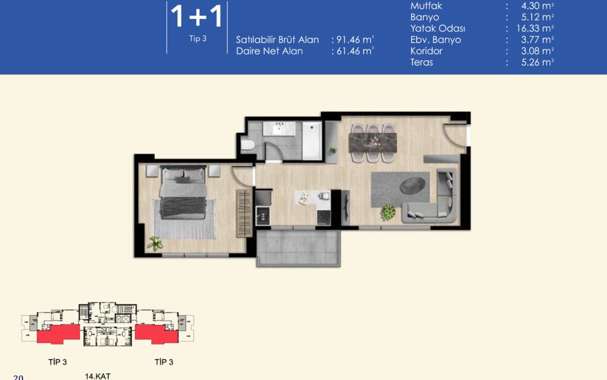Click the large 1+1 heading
tap(196, 16)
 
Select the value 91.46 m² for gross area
tap(355, 40)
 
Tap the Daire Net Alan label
tap(270, 51)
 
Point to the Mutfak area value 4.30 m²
tap(537, 6)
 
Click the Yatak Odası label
tap(438, 28)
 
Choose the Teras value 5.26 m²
tap(537, 62)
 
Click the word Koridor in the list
tap(426, 51)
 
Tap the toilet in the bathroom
tap(247, 145)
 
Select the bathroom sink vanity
tap(279, 128)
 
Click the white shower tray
tap(312, 141)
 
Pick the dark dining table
tap(373, 143)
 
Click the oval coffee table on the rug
tap(413, 185)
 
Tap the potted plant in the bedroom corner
tap(155, 243)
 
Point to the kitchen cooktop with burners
tap(324, 217)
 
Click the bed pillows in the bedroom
tap(183, 175)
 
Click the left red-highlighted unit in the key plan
tap(59, 334)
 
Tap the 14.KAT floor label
tap(98, 376)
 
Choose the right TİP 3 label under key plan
tap(164, 362)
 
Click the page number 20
tap(18, 377)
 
